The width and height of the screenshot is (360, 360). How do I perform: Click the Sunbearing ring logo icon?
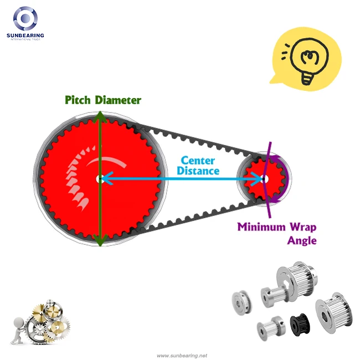coord(25,18)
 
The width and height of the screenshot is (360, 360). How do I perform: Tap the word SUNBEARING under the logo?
coord(25,35)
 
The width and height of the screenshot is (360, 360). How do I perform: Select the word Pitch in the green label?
coord(78,100)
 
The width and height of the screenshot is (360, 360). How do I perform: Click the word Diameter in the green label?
coord(118,100)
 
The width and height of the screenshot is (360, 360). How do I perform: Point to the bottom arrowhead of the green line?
coord(100,240)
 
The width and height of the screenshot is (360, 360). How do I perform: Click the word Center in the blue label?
coord(198,161)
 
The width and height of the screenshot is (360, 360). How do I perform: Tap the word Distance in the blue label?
coord(198,171)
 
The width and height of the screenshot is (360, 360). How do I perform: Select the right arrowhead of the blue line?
coord(256,179)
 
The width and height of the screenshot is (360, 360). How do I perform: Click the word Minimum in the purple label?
coord(261,227)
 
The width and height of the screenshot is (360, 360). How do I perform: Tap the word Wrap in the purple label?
coord(303,227)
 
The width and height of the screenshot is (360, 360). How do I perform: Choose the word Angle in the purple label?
coord(302,240)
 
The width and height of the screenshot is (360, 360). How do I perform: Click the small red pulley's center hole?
coord(265,179)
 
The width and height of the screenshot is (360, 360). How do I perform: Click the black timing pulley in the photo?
coord(300,325)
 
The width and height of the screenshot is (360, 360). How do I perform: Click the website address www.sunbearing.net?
coord(182,356)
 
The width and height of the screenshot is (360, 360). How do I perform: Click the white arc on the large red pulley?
coord(106,161)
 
